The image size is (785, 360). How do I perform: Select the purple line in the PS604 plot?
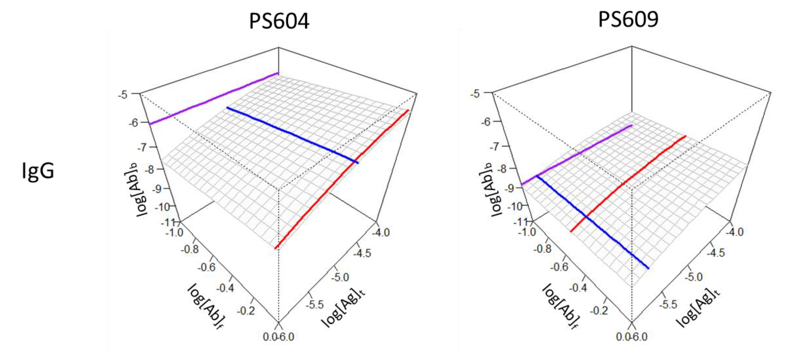coord(213,99)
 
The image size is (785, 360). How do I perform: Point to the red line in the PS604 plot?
coord(341,180)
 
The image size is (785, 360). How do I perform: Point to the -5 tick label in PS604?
coord(123,95)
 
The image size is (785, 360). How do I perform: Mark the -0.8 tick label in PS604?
coord(190,249)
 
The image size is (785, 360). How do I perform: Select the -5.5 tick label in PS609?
coord(668,304)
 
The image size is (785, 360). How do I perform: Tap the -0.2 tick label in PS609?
coord(599,310)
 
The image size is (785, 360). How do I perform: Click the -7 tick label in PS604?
coord(142,148)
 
